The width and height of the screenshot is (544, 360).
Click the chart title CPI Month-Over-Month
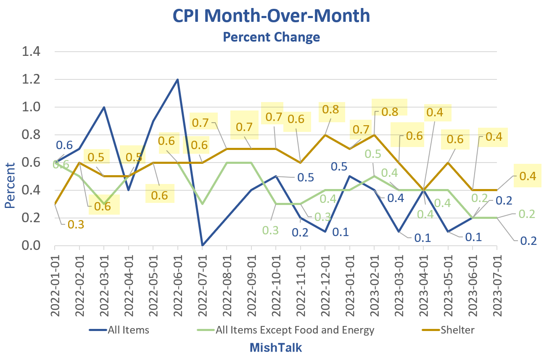point(271,16)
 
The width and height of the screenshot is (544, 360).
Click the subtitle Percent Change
point(271,37)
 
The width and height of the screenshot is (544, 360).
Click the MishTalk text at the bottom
point(276,348)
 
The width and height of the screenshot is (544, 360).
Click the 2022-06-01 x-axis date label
point(178,285)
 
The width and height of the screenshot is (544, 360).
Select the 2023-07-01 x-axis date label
point(497,285)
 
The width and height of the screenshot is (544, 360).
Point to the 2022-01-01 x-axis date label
point(55,285)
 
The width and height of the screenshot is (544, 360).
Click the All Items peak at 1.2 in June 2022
point(178,79)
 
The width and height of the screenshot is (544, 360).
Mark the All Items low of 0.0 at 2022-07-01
point(202,245)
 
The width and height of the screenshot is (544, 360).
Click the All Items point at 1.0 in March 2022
point(104,107)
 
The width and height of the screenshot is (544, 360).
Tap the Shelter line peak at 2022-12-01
point(325,135)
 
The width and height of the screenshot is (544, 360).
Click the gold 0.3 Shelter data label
point(76,224)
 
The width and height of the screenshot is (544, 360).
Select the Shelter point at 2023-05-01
point(448,163)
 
